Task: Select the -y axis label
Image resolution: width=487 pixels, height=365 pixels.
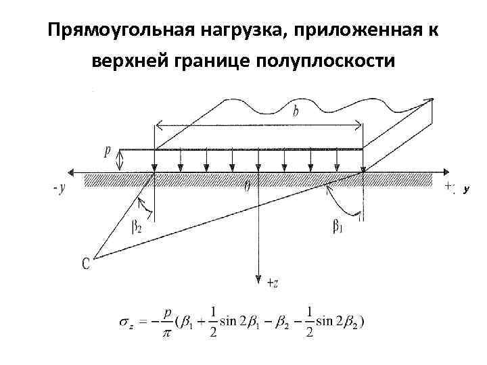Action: [59, 189]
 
